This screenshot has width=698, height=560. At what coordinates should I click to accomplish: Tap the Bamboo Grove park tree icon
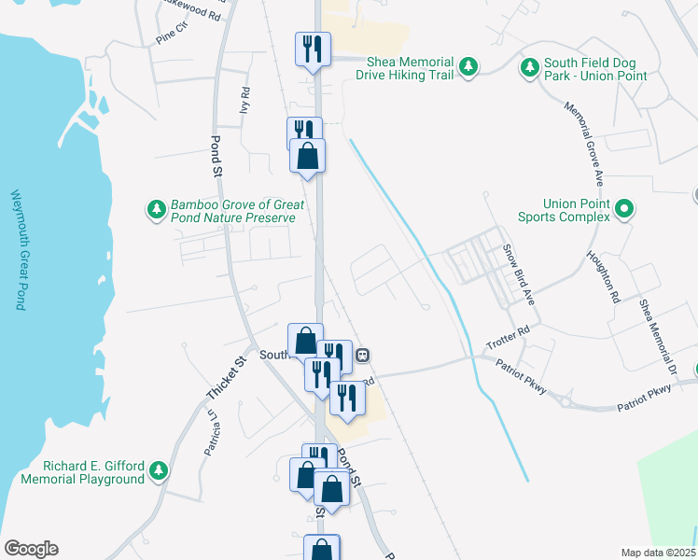[156, 207]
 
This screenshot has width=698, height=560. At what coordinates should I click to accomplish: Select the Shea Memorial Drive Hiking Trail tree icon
[469, 65]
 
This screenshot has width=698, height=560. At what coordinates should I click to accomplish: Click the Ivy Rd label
[245, 101]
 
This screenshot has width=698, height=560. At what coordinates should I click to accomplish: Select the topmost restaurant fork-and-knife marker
[310, 49]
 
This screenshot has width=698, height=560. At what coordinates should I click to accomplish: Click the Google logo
[31, 549]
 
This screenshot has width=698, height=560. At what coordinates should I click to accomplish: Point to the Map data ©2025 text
[658, 553]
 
